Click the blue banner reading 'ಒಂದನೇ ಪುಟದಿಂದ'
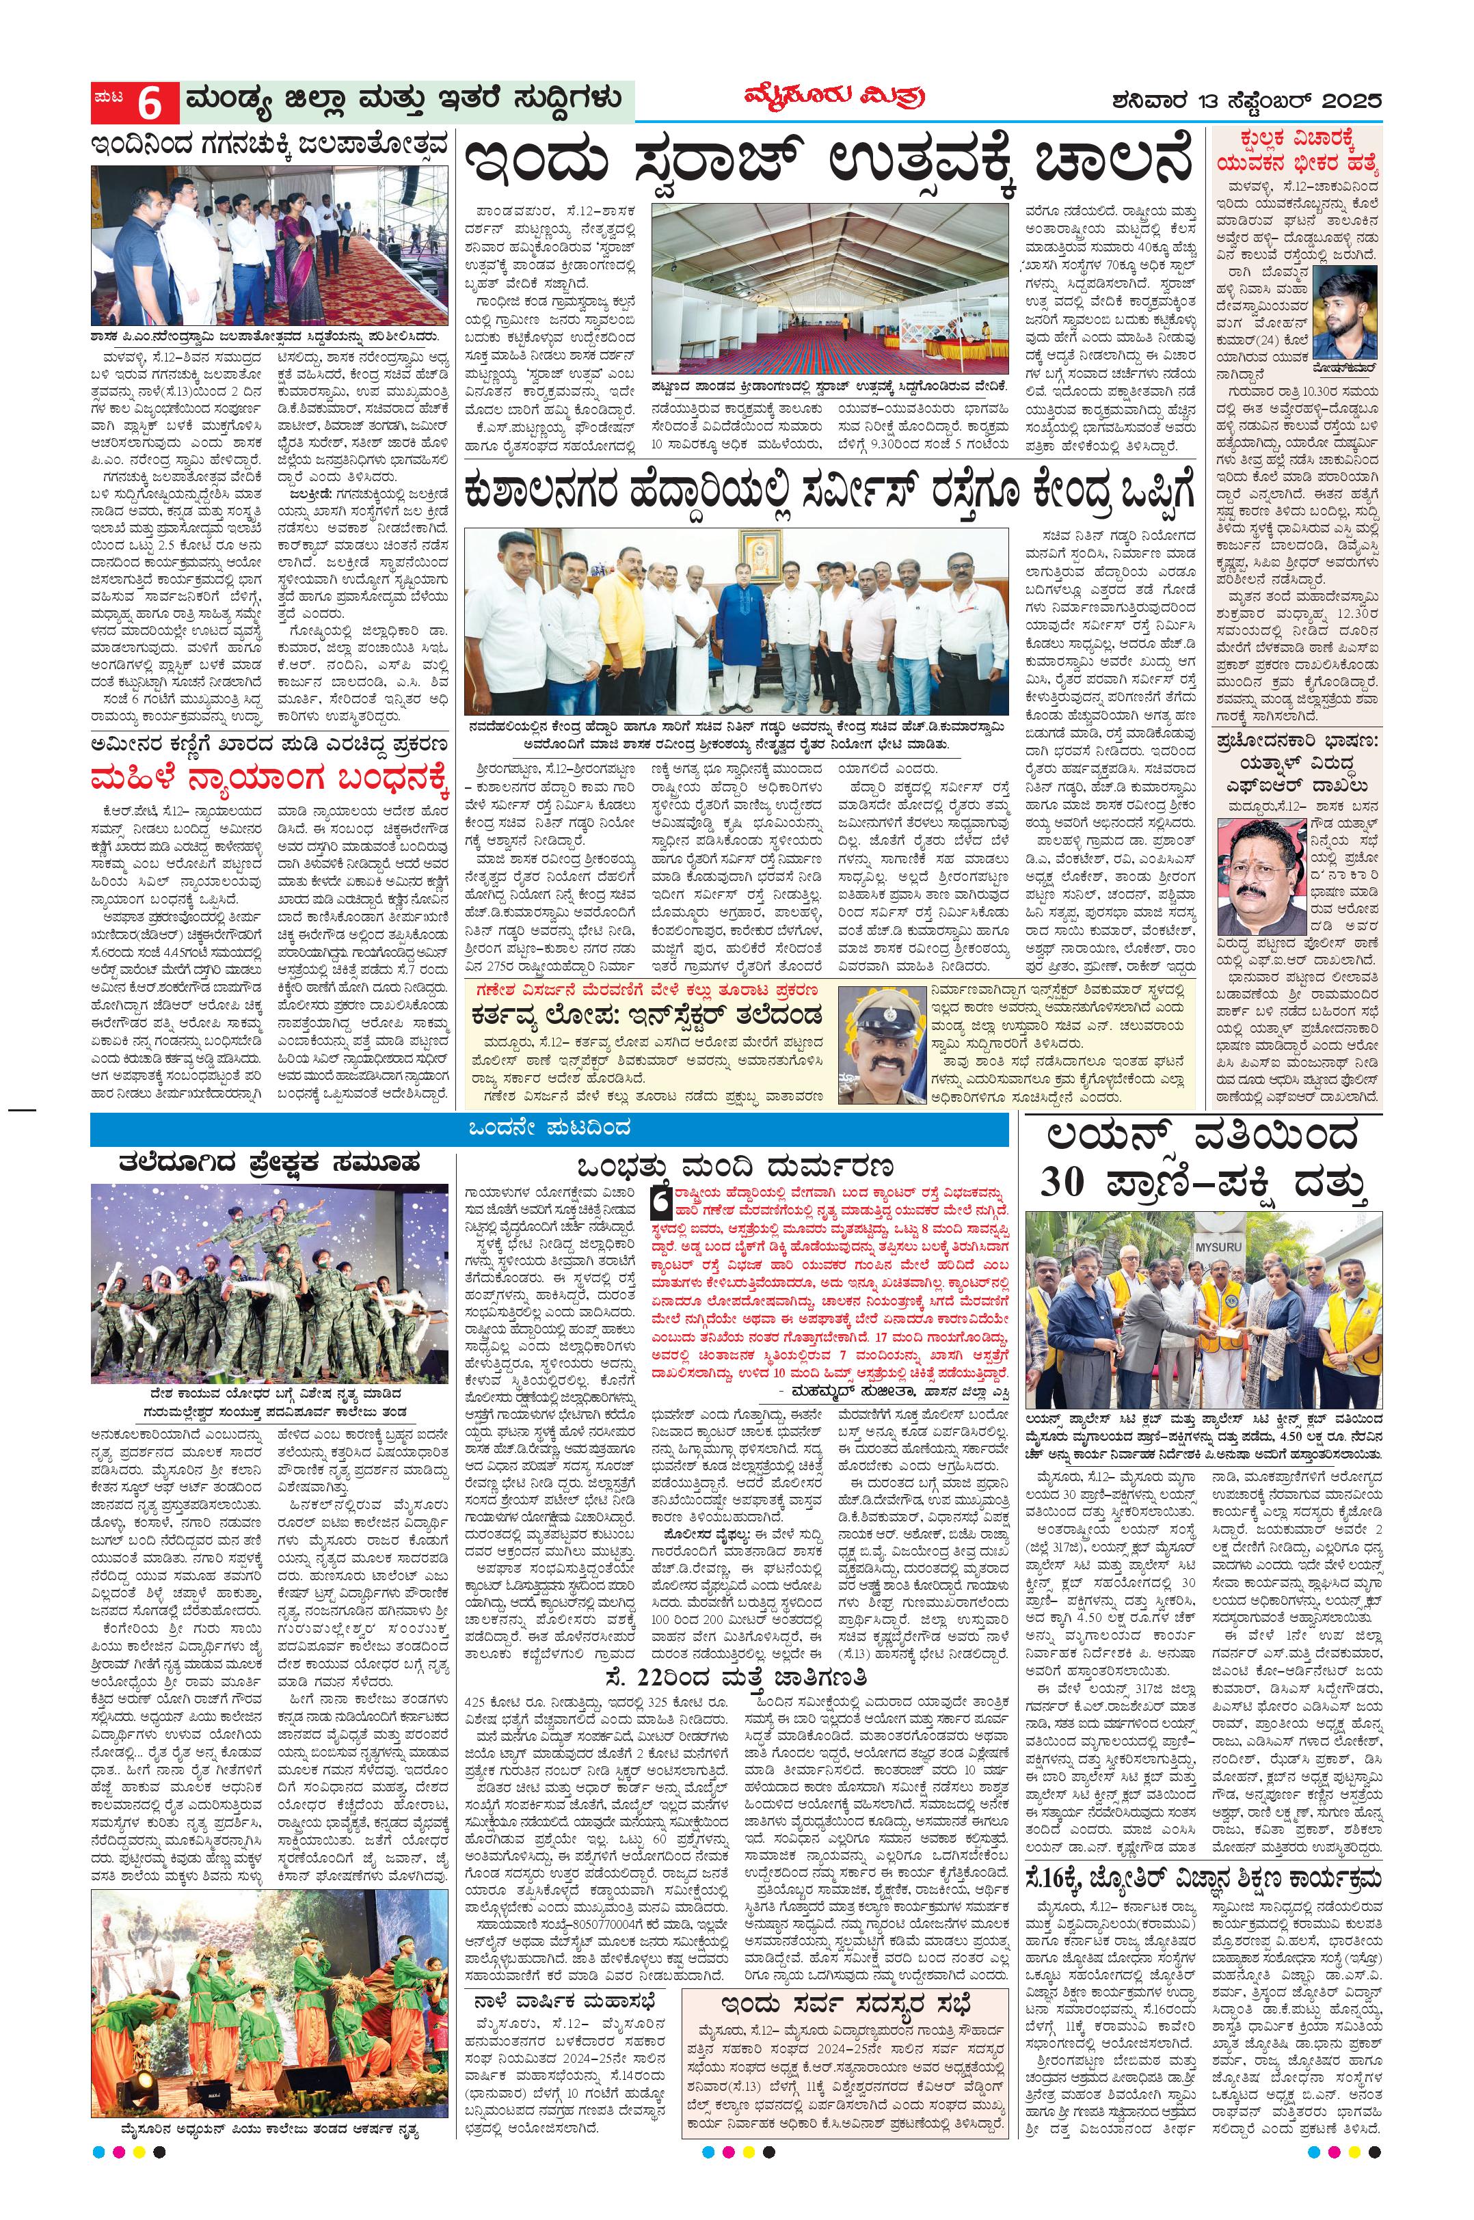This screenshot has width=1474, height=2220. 550,1128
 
